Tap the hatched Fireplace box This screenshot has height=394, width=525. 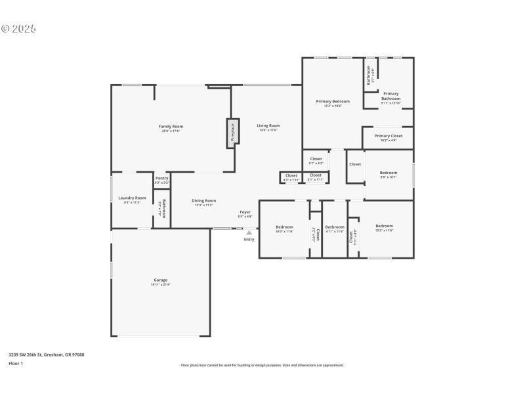[x=232, y=133]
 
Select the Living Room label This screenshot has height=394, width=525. [x=268, y=126]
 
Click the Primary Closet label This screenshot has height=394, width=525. [x=389, y=137]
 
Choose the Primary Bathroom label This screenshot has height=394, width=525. [x=390, y=97]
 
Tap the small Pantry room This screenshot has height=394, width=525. [x=161, y=179]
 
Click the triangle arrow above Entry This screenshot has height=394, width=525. [x=249, y=232]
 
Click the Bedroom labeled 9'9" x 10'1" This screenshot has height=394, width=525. [x=388, y=173]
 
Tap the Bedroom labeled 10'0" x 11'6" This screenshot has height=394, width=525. [x=284, y=228]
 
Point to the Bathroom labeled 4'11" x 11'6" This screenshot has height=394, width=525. [x=335, y=228]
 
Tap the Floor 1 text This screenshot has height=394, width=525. [x=16, y=362]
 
